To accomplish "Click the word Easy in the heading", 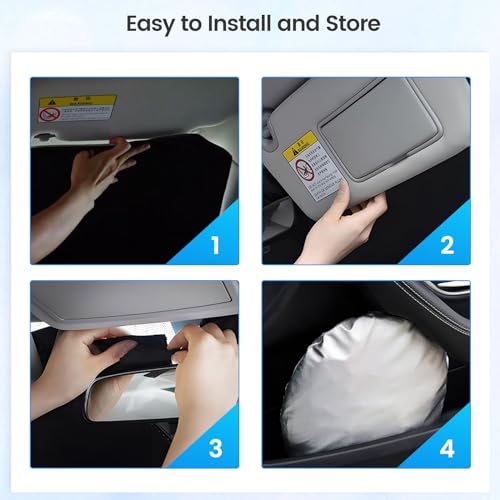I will pyautogui.click(x=152, y=23).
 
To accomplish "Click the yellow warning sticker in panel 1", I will pyautogui.click(x=77, y=107).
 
